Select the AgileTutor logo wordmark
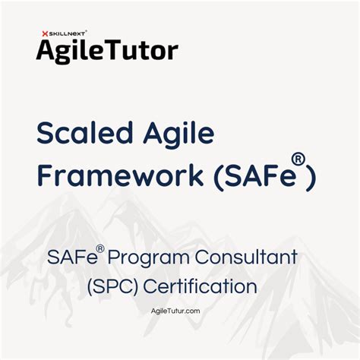pos(107,50)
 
